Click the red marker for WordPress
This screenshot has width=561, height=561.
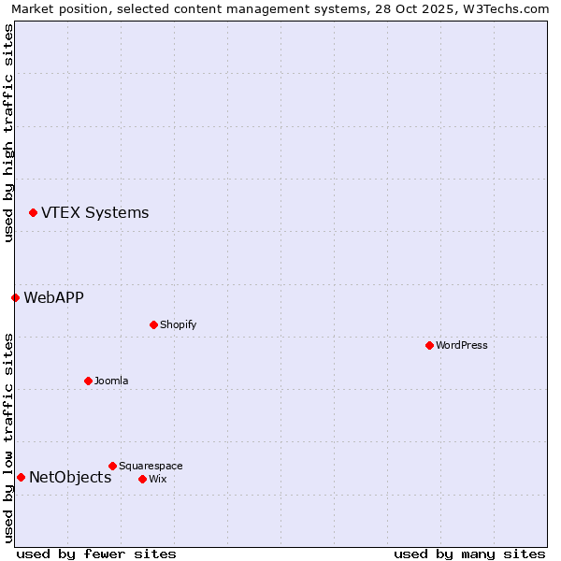pos(429,345)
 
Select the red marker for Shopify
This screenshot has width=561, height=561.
pos(153,324)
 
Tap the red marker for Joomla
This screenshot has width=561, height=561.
pos(88,381)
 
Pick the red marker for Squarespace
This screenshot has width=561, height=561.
pos(112,466)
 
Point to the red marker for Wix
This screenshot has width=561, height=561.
pos(142,479)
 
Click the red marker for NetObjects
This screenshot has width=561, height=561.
pos(21,477)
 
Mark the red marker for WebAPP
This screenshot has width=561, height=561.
pos(15,297)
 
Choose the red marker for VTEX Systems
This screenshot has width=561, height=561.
pos(33,212)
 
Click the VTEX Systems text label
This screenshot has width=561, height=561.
pos(94,212)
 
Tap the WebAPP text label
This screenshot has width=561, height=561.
pos(53,297)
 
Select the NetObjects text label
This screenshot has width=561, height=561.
pos(70,477)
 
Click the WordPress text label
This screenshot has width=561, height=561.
pos(461,345)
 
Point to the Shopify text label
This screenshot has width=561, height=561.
pos(178,324)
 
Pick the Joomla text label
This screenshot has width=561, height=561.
pos(111,381)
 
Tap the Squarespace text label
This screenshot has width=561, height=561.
pos(151,466)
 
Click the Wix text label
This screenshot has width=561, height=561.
pos(157,479)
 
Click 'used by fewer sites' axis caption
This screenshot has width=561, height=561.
pos(96,554)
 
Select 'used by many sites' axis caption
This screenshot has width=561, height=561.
pos(469,554)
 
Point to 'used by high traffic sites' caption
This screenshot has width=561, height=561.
pos(8,133)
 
